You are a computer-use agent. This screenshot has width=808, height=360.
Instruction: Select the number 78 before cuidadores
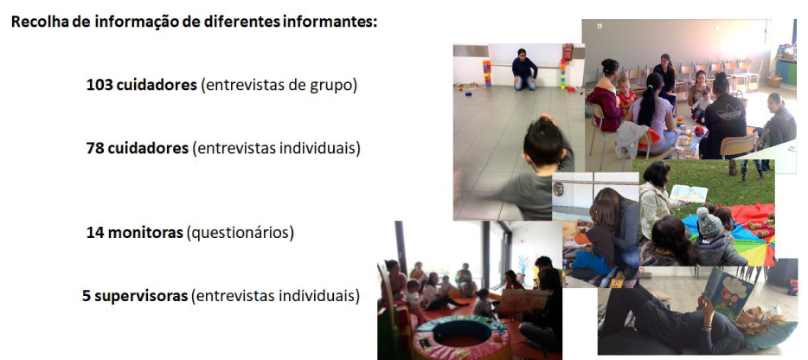tap(95, 148)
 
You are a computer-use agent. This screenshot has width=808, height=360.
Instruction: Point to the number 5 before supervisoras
tap(87, 295)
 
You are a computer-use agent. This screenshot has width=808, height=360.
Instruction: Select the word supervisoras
tap(141, 295)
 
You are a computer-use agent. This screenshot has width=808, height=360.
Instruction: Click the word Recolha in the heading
tap(38, 21)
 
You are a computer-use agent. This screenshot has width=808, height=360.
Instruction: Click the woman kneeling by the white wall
tap(523, 69)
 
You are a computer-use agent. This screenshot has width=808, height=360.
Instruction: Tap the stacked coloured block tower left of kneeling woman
tap(487, 74)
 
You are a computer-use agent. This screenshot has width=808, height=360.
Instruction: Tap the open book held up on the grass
tap(689, 193)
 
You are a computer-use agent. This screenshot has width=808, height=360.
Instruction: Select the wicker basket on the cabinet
tap(774, 79)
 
